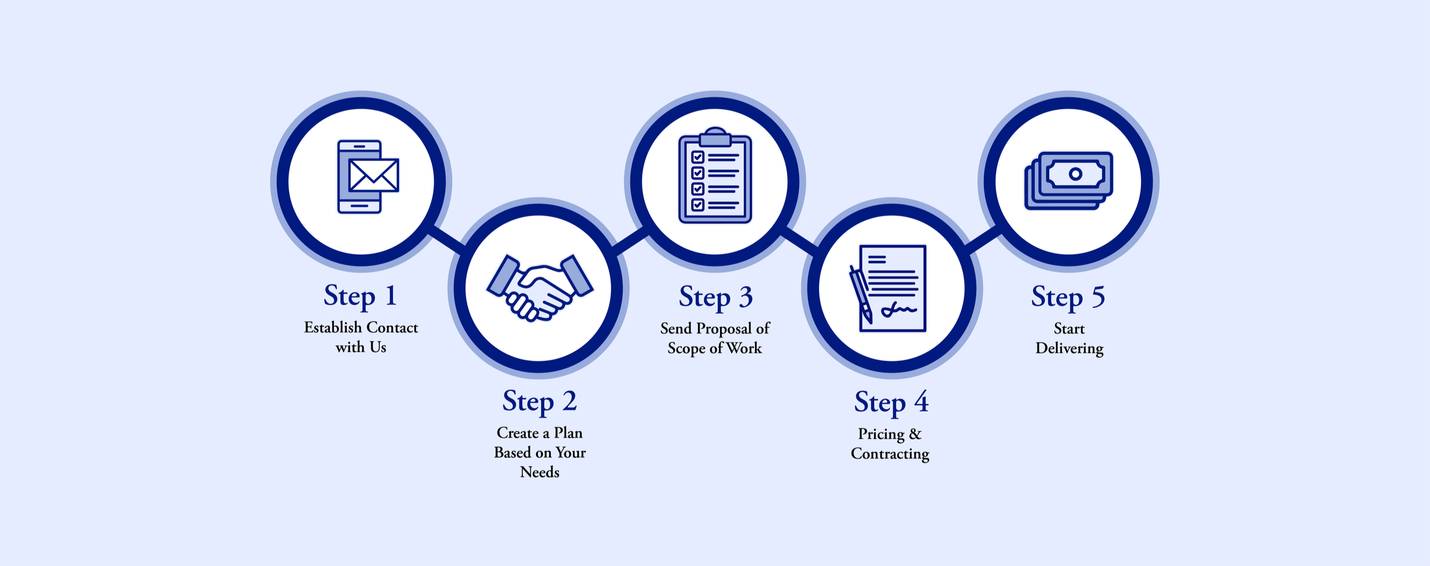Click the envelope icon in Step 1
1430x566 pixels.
coord(374,175)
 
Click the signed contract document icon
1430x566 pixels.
coord(892,288)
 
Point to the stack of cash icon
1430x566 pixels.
coord(1068,180)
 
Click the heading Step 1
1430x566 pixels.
coord(360,296)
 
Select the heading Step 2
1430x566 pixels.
coord(539,402)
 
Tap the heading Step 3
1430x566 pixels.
coord(716,298)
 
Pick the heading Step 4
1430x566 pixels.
coord(891,403)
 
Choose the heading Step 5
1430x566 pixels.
coord(1068,298)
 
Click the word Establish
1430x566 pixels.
coord(333,328)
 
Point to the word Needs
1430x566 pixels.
coord(539,473)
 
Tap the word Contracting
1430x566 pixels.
coord(890,454)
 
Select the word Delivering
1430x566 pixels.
coord(1069,349)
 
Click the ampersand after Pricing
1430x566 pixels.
coord(915,434)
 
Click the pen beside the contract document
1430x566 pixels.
coord(861,295)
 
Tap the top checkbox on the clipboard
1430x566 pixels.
coord(697,157)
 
